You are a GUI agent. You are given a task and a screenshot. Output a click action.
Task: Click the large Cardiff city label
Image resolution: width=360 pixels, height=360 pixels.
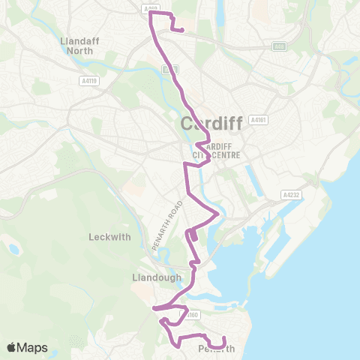211,123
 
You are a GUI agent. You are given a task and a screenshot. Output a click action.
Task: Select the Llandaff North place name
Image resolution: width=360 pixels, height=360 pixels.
76,45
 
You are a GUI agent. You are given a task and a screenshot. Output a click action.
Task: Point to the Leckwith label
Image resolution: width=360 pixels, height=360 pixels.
109,236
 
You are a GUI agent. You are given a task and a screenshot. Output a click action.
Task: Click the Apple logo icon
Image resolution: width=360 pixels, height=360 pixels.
12,347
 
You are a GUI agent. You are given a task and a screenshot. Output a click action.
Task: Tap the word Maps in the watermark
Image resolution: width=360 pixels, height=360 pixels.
33,347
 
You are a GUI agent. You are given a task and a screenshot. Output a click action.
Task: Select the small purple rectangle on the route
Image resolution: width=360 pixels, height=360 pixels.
194,236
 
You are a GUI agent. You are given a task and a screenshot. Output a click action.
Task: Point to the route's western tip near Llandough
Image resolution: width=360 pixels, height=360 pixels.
154,307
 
